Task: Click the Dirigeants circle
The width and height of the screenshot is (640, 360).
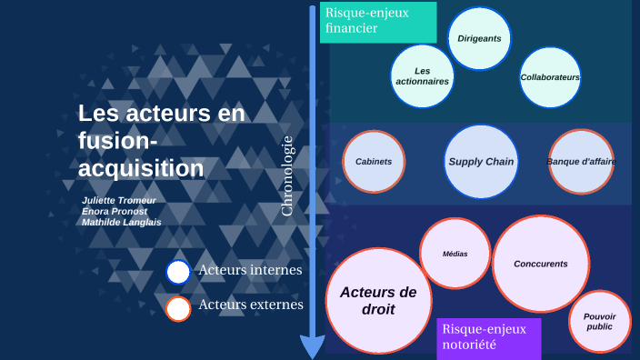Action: pos(480,39)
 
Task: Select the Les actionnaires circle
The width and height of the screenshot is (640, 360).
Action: pos(422,76)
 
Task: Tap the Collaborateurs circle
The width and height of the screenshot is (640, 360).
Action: pos(550,77)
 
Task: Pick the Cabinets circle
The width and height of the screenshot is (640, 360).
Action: pos(374,162)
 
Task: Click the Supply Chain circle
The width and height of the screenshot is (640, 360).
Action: pos(481,162)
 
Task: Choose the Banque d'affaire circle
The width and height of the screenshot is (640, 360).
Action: pos(581,162)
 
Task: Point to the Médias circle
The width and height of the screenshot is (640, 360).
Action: pos(455,254)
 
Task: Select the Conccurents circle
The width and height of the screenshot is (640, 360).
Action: pos(540,264)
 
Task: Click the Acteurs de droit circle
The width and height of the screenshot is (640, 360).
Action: pos(378,301)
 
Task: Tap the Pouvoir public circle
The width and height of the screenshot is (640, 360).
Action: pos(600,321)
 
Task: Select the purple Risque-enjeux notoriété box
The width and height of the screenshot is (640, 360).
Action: pos(489,337)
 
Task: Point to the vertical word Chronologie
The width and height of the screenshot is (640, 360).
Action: pos(287,176)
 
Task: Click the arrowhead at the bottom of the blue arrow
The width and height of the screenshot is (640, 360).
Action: pos(312,347)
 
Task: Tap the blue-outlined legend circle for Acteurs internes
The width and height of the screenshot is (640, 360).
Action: pos(178,272)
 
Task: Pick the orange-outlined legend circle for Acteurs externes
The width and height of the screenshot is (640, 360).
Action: pos(178,308)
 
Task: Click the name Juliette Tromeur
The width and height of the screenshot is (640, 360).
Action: pos(119,200)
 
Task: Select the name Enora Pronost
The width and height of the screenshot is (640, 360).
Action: pos(115,211)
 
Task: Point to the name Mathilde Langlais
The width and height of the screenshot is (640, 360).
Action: pos(122,222)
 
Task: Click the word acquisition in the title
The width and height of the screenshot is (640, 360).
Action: pos(141,169)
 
